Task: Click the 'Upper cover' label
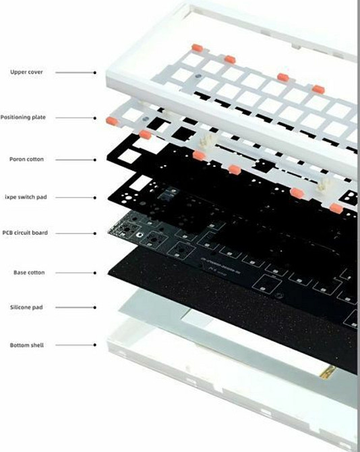[x=26, y=72]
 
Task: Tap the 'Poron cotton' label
[x=27, y=160]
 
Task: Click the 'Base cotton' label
[x=28, y=273]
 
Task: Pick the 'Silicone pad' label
[x=28, y=308]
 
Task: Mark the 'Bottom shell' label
[x=27, y=345]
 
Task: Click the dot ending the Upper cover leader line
[x=95, y=72]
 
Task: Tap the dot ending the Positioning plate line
[x=95, y=117]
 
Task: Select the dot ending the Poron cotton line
[x=95, y=160]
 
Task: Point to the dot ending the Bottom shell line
[x=95, y=345]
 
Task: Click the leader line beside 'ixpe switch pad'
[x=74, y=197]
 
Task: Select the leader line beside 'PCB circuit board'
[x=74, y=233]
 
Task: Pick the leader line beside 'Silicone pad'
[x=74, y=308]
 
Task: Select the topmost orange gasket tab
[x=197, y=47]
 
